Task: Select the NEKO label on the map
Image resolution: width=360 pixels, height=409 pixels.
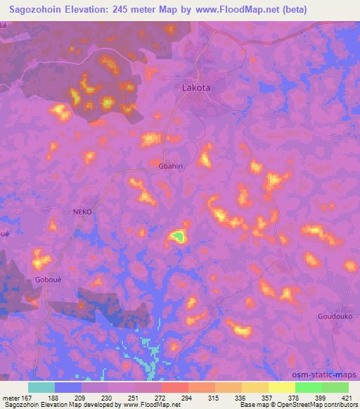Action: point(82,212)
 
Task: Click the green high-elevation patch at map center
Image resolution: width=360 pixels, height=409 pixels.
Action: point(179,237)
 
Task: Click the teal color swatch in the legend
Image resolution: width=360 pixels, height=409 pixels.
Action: point(41,387)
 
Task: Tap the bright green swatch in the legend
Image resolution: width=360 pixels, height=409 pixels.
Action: point(308,387)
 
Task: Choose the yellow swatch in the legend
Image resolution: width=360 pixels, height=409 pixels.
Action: point(255,387)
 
